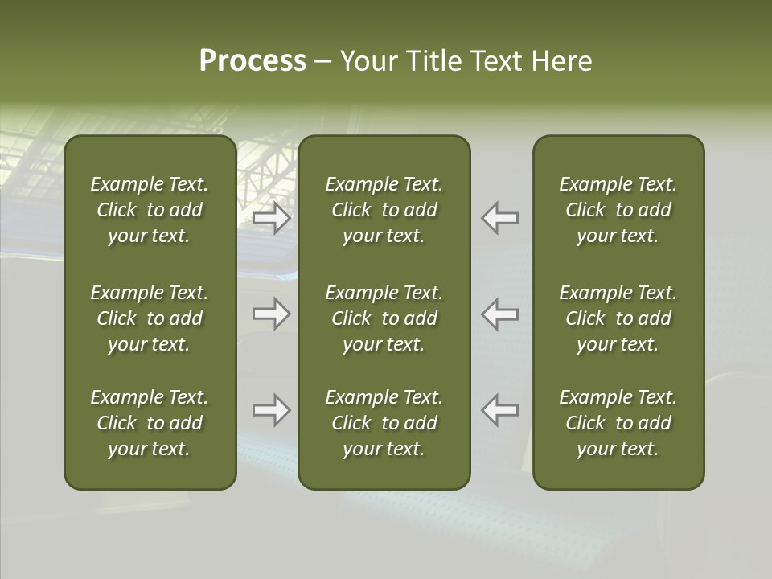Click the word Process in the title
[x=253, y=61]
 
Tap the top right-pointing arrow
[x=271, y=218]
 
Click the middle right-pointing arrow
[x=271, y=314]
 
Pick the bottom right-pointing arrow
[x=271, y=410]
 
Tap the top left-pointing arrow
[x=500, y=218]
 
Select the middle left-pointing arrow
[x=500, y=314]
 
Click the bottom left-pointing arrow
[x=500, y=410]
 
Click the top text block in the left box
[x=150, y=210]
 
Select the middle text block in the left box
[x=150, y=318]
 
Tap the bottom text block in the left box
[x=150, y=423]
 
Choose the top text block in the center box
[x=384, y=210]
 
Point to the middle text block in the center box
[x=384, y=318]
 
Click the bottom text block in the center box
[x=384, y=423]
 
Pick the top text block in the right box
[x=618, y=210]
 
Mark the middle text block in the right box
[x=618, y=318]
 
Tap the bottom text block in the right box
[x=618, y=423]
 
